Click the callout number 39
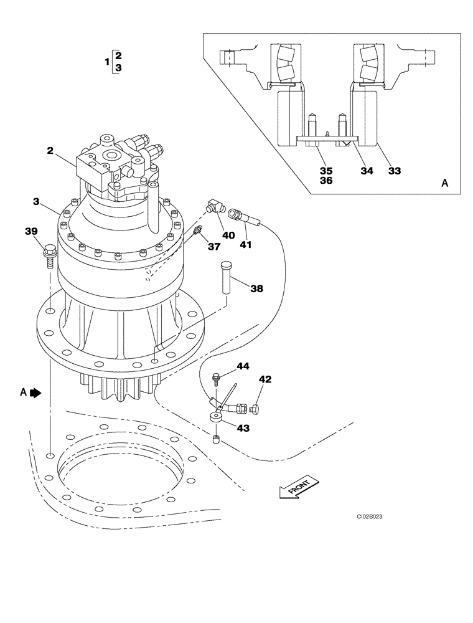[31, 232]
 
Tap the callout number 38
[256, 288]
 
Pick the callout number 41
[245, 245]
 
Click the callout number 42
[265, 379]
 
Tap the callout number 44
[242, 366]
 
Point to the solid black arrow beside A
[35, 392]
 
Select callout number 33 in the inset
[395, 170]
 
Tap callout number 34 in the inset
[367, 170]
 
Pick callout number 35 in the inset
[326, 170]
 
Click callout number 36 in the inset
[326, 181]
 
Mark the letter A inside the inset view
[444, 183]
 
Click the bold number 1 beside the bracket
[106, 61]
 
